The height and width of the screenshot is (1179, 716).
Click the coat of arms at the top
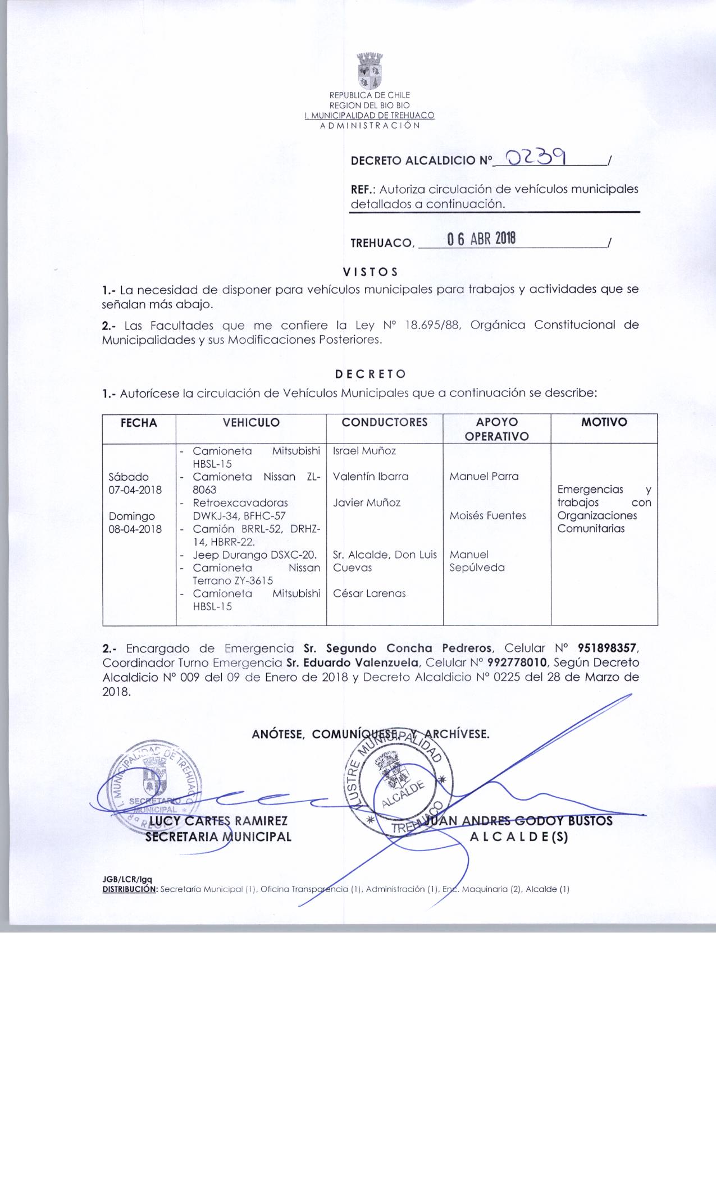pyautogui.click(x=370, y=71)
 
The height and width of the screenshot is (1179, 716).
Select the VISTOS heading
pyautogui.click(x=370, y=272)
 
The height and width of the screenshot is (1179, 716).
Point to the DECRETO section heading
pyautogui.click(x=370, y=374)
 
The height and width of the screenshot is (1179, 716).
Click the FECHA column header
pyautogui.click(x=139, y=423)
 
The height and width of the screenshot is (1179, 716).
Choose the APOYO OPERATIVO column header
pyautogui.click(x=497, y=429)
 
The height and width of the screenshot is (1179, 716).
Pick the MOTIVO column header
pyautogui.click(x=604, y=422)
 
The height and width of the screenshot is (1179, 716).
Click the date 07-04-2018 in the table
pyautogui.click(x=135, y=490)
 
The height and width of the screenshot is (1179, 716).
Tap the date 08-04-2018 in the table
pyautogui.click(x=135, y=529)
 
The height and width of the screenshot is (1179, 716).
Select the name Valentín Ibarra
pyautogui.click(x=371, y=477)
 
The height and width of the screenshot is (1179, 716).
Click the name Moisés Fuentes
pyautogui.click(x=488, y=515)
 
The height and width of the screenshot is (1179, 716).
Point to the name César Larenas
pyautogui.click(x=369, y=593)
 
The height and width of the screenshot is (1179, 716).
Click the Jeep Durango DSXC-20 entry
pyautogui.click(x=255, y=555)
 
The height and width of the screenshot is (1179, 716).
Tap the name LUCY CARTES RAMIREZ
pyautogui.click(x=216, y=821)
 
